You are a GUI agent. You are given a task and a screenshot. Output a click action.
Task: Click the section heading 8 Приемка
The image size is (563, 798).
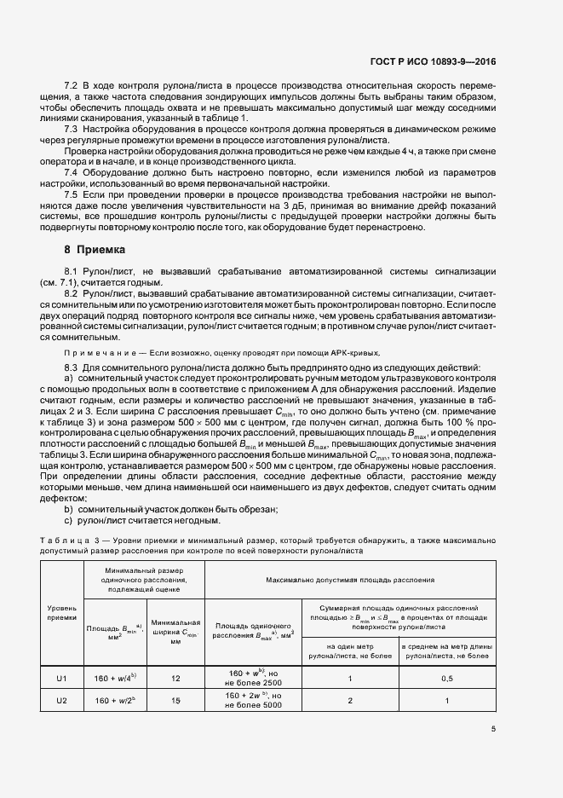(95, 250)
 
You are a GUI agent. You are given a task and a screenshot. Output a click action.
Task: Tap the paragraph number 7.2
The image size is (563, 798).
(72, 88)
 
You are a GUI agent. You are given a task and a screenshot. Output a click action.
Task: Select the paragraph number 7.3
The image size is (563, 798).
(72, 129)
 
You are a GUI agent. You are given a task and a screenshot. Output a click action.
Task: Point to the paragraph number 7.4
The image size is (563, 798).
(72, 171)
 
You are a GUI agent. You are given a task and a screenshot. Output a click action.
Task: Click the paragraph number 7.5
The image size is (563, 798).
(72, 194)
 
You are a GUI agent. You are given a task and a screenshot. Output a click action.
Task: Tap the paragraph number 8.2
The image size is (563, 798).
(72, 292)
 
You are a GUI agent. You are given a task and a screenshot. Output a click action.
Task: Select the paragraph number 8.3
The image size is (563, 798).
(72, 367)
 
